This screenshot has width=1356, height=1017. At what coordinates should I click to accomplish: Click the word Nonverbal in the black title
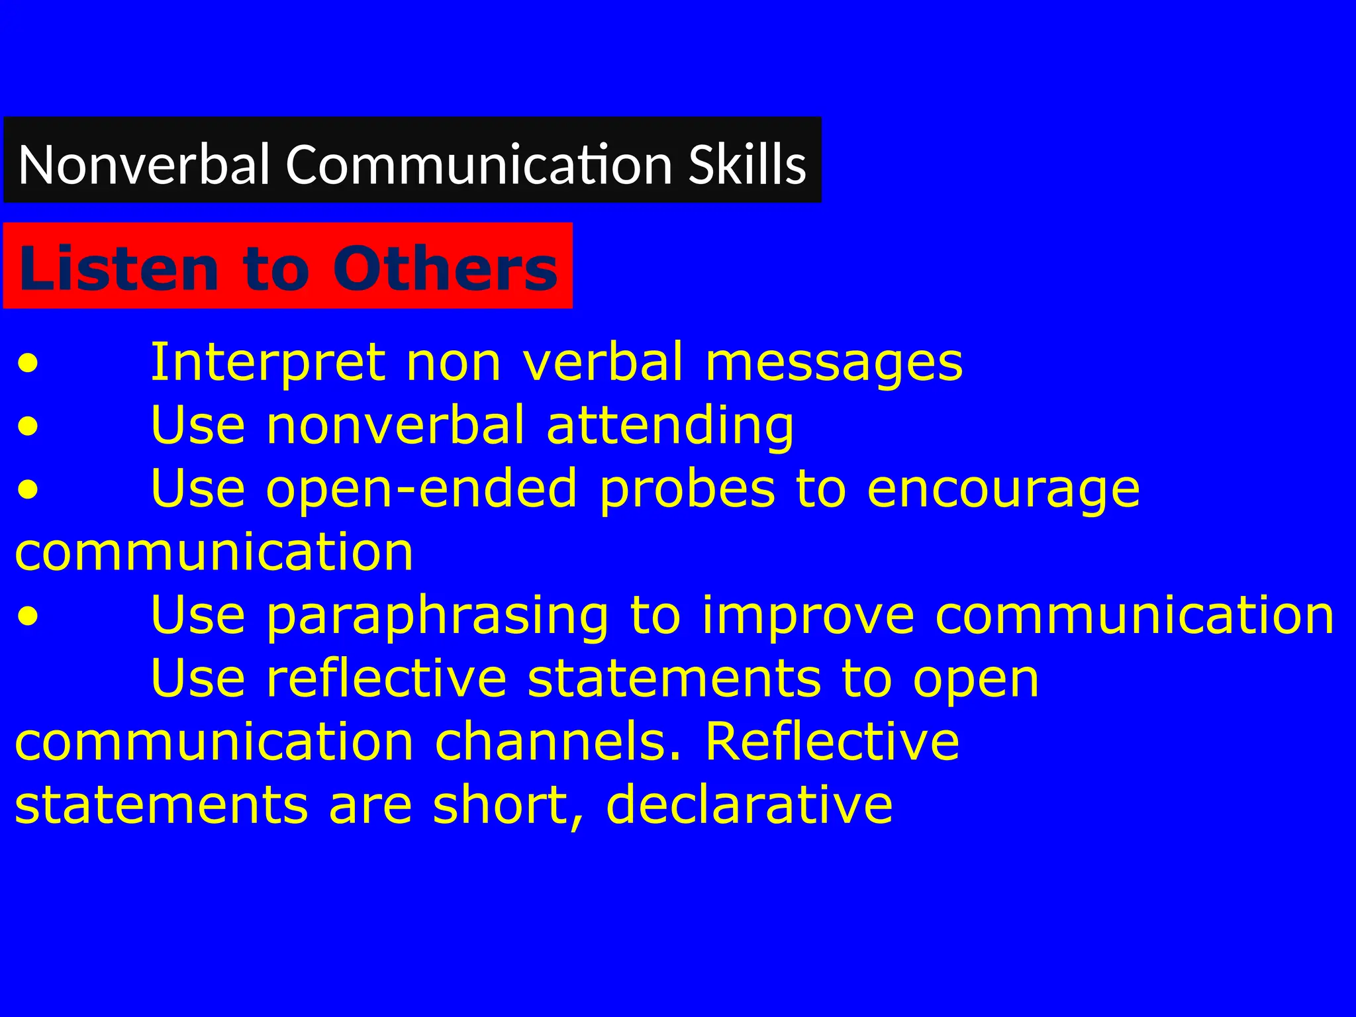coord(144,164)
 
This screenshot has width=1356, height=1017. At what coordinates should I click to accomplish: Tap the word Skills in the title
coord(747,164)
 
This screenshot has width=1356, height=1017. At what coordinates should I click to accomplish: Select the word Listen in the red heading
coord(119,268)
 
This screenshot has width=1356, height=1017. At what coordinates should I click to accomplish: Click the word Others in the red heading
coord(445,268)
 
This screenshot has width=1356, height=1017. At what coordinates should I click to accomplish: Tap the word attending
coord(670,426)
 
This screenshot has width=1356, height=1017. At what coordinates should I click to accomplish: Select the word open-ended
coord(422,489)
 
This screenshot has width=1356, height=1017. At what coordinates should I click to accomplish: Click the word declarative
coord(750,804)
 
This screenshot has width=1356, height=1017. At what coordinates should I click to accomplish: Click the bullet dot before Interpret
coord(28,364)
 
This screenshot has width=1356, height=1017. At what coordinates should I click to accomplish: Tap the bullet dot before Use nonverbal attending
coord(28,428)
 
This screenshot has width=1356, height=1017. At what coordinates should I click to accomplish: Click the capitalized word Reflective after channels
coord(832,742)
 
